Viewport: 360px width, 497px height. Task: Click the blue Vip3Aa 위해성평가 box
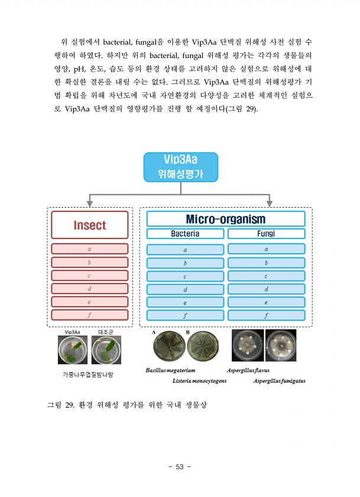[x=180, y=167]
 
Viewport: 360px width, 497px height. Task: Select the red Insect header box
[x=90, y=225]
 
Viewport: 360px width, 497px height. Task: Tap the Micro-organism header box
[x=226, y=219]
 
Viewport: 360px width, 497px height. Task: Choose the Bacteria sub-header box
[x=185, y=234]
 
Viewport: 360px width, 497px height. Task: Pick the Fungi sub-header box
[x=266, y=234]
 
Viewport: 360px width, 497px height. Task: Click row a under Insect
[x=90, y=249]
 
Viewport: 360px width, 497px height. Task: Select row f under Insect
[x=90, y=315]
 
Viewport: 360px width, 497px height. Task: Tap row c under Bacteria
[x=185, y=276]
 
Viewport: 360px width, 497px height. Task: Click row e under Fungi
[x=266, y=302]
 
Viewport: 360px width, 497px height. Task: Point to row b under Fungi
[x=266, y=263]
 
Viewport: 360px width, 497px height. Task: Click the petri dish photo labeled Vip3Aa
[x=73, y=350]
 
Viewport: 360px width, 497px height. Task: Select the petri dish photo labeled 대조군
[x=106, y=350]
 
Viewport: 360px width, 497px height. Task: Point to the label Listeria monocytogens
[x=199, y=380]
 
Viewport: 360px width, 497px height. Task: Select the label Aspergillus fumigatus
[x=279, y=380]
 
